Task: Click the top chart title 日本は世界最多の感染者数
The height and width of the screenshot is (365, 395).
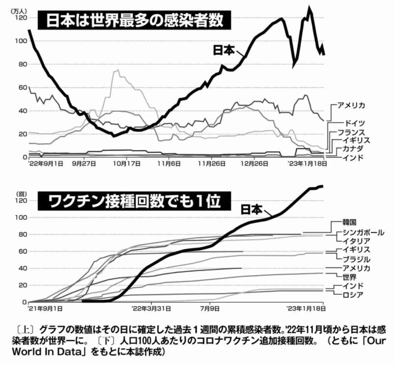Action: pos(134,20)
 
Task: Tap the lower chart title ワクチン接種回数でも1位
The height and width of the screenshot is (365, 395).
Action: pos(134,202)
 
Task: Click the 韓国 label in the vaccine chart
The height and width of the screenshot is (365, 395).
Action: pos(349,222)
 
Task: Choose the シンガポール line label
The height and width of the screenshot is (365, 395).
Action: pos(363,232)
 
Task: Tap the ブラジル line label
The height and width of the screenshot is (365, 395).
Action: pos(356,260)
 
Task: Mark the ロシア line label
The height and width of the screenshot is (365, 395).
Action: pos(353,295)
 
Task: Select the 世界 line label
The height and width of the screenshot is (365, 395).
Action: pos(349,277)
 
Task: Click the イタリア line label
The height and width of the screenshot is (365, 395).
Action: pos(356,241)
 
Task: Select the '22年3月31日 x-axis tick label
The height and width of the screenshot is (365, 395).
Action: pos(151,309)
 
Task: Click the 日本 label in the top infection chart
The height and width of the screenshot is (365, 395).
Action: pos(223,50)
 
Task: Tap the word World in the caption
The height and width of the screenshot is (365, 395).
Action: pos(26,351)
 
